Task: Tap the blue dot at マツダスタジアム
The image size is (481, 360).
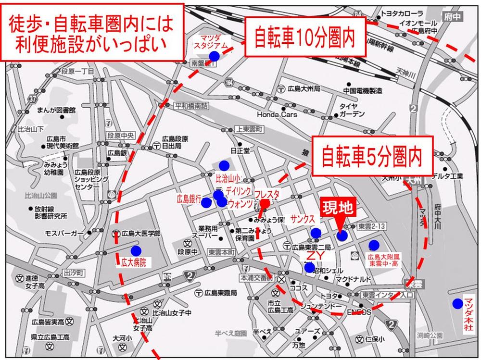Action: (x=214, y=56)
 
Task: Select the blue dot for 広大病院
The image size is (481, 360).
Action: (x=136, y=250)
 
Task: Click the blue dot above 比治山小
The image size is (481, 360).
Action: (x=224, y=165)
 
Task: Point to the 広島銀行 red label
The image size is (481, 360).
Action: (x=188, y=198)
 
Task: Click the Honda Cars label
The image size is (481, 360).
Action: (x=277, y=114)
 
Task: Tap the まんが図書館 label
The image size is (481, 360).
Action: (x=56, y=110)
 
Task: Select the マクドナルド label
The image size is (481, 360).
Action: (x=353, y=279)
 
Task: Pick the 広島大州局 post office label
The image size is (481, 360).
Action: (x=304, y=89)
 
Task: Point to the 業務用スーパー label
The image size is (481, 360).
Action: (x=205, y=232)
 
